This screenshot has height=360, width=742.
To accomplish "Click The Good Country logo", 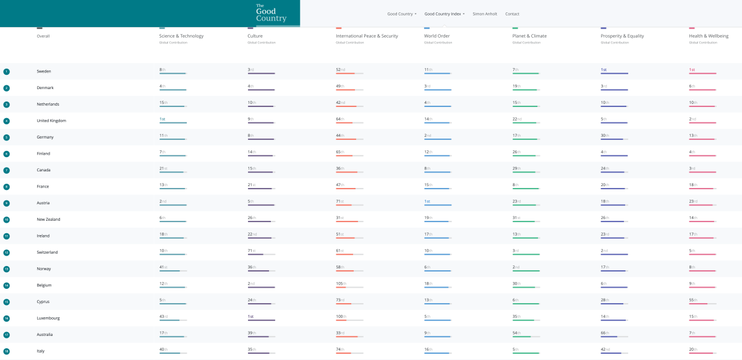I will [271, 13].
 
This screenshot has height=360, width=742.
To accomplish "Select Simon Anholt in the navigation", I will [485, 14].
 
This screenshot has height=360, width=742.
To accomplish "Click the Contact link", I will [512, 14].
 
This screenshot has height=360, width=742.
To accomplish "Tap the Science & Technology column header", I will [181, 36].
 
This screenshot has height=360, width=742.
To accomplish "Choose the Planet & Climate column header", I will [529, 36].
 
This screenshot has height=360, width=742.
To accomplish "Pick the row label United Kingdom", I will [51, 121].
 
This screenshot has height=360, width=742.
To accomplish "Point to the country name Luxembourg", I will [49, 319].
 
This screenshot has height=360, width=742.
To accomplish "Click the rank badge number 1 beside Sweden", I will [6, 72].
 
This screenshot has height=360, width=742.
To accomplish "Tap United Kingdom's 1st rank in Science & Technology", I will [163, 119].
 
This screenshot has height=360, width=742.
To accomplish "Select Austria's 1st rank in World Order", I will [427, 201].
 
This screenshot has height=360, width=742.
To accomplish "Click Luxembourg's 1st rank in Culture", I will [251, 316].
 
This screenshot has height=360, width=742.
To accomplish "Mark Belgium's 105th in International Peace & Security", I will [341, 283].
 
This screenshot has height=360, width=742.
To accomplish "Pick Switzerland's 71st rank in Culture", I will [251, 251].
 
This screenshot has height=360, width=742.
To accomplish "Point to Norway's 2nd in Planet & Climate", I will [516, 267].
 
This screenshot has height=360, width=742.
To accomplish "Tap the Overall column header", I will [43, 36].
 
